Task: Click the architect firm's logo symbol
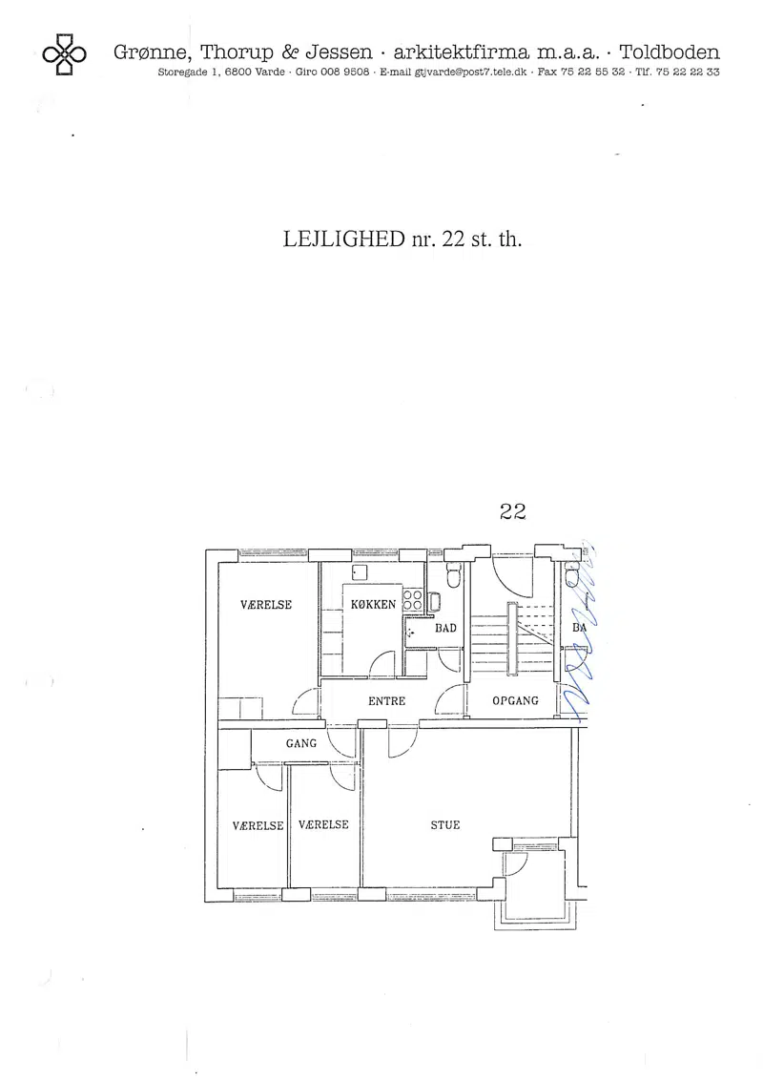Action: tap(64, 53)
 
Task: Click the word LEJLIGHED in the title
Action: tap(343, 239)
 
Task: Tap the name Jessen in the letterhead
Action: tap(339, 52)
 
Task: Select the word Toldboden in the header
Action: tap(670, 52)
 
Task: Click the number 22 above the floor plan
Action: tap(512, 511)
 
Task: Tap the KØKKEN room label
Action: tap(373, 605)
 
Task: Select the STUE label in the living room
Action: tap(444, 824)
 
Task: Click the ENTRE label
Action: tap(386, 701)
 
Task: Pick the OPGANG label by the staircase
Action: tap(515, 700)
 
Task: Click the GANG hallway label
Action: tap(301, 743)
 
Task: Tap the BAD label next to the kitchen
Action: tap(445, 628)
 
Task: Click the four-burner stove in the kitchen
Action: tap(412, 600)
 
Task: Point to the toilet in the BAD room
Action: tap(453, 576)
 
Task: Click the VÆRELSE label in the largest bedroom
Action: tap(266, 605)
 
